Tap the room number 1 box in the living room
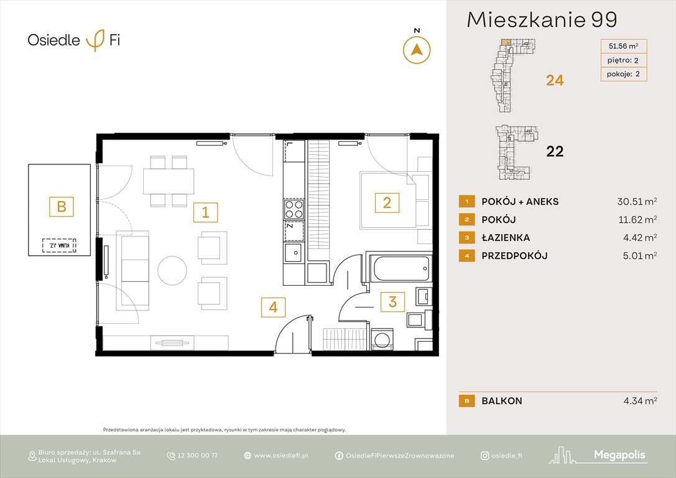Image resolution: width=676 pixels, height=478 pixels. click(x=205, y=213)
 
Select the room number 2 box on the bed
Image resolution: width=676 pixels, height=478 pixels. click(x=386, y=202)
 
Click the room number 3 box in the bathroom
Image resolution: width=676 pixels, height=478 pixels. click(x=392, y=302)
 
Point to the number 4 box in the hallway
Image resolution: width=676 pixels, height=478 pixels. click(x=273, y=307)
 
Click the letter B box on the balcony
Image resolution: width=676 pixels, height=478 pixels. click(x=61, y=206)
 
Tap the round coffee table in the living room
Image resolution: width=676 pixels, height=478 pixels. click(x=172, y=271)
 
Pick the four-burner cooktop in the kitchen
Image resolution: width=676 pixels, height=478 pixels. click(x=294, y=209)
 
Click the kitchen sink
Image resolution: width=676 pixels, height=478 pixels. click(x=293, y=253)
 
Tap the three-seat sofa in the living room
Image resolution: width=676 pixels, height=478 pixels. click(x=134, y=269)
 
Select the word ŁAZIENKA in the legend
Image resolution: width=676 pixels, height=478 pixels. click(x=506, y=237)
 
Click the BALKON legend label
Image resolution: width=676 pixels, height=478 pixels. click(x=501, y=401)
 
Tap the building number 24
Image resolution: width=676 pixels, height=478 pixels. click(x=555, y=80)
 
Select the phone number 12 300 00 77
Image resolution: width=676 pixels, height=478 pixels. click(x=197, y=456)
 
